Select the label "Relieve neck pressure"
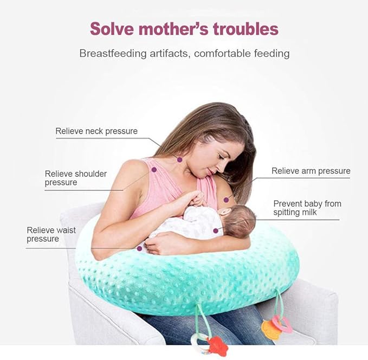96,131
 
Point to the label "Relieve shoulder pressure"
76,178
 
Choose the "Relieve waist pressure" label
51,234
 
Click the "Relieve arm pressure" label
311,171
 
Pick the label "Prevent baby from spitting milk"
307,208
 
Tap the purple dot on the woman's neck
179,159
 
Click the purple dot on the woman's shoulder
154,170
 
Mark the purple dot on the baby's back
215,230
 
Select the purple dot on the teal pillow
140,248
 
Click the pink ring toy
283,324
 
